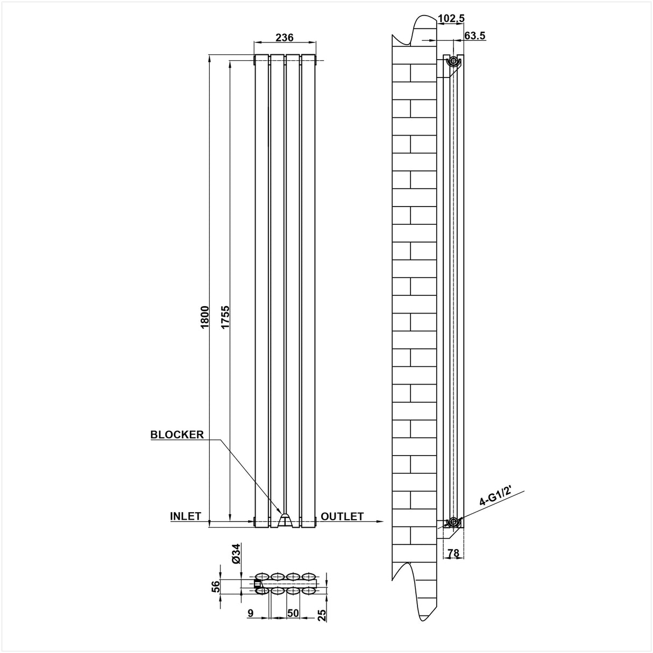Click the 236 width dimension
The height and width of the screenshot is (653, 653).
click(284, 37)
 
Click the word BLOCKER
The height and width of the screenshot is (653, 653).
click(177, 435)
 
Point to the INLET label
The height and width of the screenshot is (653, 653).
click(186, 516)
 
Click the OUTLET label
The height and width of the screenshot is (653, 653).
click(342, 516)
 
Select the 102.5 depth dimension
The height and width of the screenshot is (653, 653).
click(451, 19)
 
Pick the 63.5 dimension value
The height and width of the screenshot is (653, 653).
click(474, 36)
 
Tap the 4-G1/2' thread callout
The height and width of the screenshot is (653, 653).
click(495, 498)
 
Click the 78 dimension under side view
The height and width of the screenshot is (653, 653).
click(453, 552)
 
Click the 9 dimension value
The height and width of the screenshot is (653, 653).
click(251, 612)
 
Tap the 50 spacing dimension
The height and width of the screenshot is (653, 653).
click(293, 612)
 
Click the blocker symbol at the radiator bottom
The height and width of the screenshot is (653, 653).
click(285, 520)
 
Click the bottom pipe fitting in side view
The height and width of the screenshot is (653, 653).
click(454, 521)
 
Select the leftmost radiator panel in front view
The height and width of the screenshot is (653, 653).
click(261, 290)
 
